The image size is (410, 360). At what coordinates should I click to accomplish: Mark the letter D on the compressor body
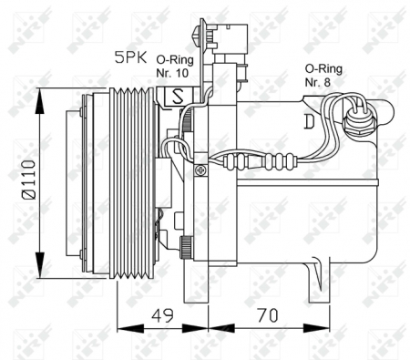click(312, 120)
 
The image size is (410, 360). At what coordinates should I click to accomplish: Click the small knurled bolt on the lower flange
click(186, 245)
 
